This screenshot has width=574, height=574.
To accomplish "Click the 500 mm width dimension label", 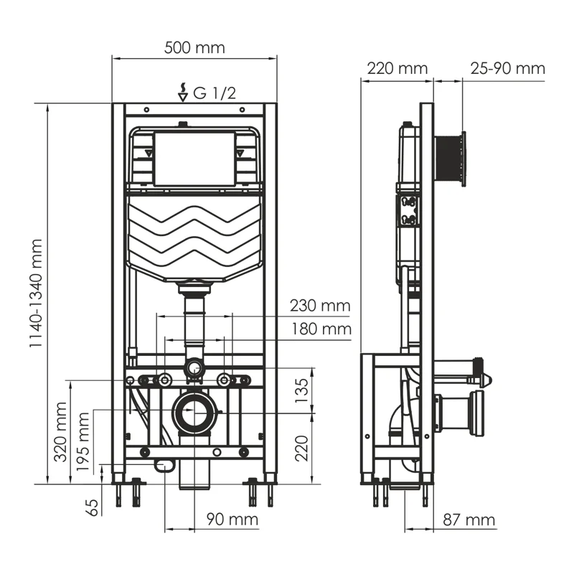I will tap(194, 48).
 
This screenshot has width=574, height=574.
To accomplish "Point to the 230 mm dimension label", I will tap(320, 306).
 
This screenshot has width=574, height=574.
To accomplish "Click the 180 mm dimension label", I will tap(320, 329).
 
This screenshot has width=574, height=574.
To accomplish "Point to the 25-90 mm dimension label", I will tap(507, 69).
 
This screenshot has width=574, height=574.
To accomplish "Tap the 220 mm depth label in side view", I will tap(397, 69).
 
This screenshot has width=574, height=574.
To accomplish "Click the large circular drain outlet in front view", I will tap(194, 413).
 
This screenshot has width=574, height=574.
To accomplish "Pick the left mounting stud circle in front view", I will tap(165, 379).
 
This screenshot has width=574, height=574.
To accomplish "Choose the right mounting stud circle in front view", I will tap(224, 379).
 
